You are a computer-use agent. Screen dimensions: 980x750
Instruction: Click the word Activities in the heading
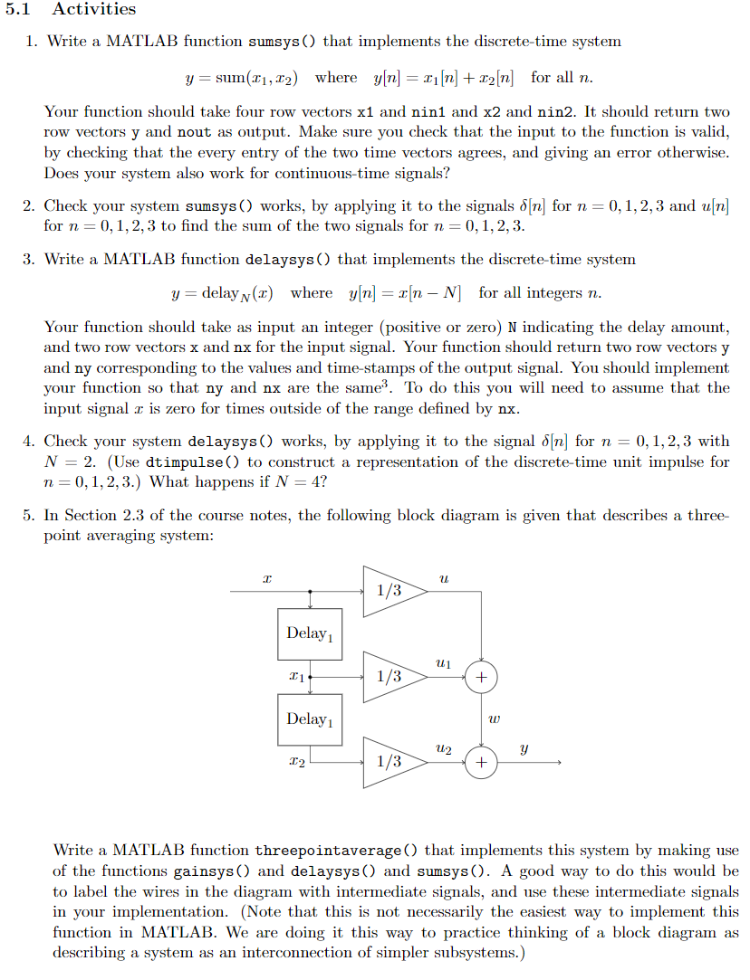click(93, 9)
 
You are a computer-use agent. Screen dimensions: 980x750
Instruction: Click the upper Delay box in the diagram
click(309, 633)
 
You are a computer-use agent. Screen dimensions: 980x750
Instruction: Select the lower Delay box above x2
click(309, 719)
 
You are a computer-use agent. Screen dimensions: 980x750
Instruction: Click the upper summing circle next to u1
click(481, 676)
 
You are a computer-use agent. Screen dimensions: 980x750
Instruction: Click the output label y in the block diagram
click(524, 748)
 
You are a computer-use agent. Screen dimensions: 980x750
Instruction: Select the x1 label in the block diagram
click(293, 676)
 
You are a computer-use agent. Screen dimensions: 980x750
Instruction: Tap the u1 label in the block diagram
click(442, 664)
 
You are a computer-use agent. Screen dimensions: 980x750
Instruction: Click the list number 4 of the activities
click(29, 442)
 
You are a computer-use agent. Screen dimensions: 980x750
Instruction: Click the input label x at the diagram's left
click(265, 576)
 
